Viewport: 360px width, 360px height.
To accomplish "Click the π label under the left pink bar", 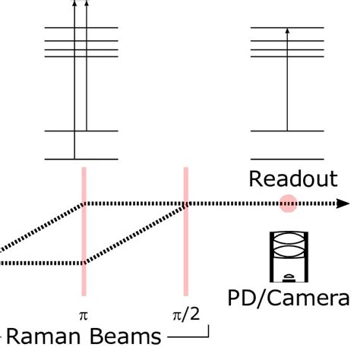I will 84,312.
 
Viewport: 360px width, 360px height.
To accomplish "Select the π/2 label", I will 185,312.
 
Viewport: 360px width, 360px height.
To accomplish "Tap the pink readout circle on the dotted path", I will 287,204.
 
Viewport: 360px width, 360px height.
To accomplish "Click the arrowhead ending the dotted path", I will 343,204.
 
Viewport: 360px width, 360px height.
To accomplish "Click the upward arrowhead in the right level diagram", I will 287,31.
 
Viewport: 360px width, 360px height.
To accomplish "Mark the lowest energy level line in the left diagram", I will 81,159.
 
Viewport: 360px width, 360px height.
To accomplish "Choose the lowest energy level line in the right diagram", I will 287,159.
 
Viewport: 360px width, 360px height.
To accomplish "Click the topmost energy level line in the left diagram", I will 81,28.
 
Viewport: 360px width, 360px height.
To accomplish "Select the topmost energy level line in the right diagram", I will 287,28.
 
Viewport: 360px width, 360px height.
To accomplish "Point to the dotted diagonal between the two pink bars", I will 135,233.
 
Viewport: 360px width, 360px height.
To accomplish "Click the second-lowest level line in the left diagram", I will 81,131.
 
